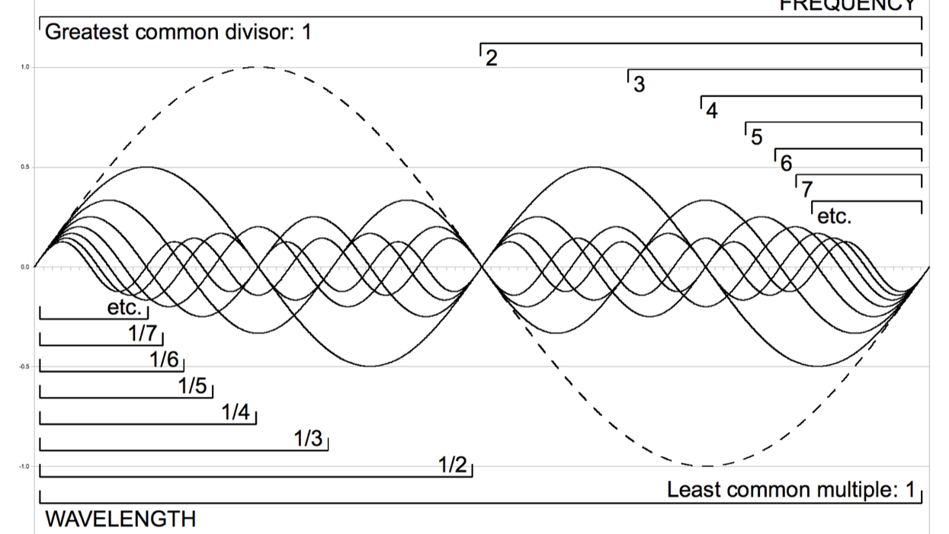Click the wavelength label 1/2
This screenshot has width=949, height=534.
[x=451, y=465]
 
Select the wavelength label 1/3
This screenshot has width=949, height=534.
[x=308, y=440]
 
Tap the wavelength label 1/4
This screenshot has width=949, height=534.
[x=236, y=413]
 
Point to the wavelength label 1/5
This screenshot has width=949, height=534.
[x=193, y=386]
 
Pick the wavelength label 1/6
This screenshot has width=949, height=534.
[x=164, y=360]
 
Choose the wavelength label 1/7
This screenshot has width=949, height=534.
[x=143, y=333]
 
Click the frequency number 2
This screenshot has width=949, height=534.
[x=492, y=58]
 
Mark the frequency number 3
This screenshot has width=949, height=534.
[x=640, y=85]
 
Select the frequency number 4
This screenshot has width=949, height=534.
[x=712, y=111]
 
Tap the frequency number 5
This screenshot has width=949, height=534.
[x=756, y=137]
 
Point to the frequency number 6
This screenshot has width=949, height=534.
[x=786, y=163]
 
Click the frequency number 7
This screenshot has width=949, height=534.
[x=806, y=189]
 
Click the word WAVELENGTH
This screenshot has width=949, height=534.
[x=120, y=520]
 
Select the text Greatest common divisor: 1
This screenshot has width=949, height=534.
[x=178, y=33]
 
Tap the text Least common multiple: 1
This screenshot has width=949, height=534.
[x=790, y=490]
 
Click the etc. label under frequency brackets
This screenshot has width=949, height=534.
[x=834, y=216]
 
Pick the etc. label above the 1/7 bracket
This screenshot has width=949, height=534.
[x=124, y=308]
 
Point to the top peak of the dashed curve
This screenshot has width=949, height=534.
[x=258, y=67]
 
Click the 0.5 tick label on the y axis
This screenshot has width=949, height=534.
[x=25, y=167]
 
